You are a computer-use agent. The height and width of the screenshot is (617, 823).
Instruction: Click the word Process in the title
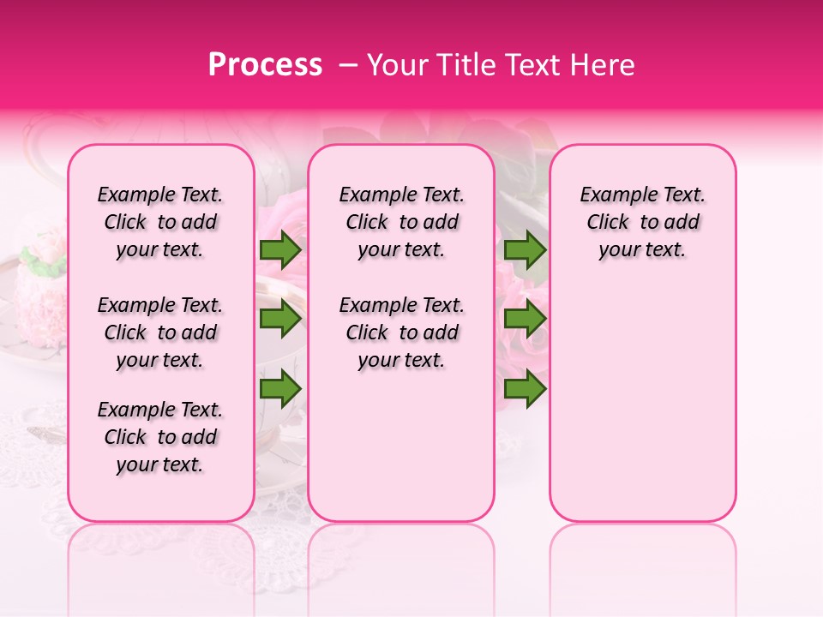click(x=265, y=65)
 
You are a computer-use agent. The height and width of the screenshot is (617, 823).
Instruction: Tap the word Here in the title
click(x=603, y=65)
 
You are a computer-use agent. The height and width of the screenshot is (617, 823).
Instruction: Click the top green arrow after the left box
click(x=280, y=250)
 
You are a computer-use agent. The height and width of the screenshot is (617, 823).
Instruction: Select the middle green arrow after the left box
click(x=280, y=319)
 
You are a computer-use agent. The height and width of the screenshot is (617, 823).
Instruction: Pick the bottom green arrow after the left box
click(x=280, y=388)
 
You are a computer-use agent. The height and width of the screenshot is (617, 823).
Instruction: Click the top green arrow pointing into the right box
click(x=526, y=250)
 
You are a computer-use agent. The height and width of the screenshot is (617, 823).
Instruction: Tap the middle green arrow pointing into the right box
click(x=526, y=319)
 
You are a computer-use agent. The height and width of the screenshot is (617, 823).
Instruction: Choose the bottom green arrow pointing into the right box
click(x=526, y=388)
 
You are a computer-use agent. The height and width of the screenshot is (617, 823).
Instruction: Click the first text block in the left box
click(x=160, y=222)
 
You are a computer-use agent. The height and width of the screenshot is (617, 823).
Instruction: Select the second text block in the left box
click(x=160, y=332)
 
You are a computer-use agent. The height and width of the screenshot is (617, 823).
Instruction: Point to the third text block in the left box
click(x=160, y=437)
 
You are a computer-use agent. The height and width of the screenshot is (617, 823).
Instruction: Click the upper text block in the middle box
click(x=401, y=222)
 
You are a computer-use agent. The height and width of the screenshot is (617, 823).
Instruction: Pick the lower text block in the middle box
click(x=401, y=332)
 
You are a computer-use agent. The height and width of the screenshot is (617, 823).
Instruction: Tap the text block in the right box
click(x=642, y=222)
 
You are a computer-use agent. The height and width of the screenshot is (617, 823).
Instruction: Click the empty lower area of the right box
click(x=642, y=394)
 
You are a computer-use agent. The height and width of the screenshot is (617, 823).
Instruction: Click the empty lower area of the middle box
click(x=401, y=446)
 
